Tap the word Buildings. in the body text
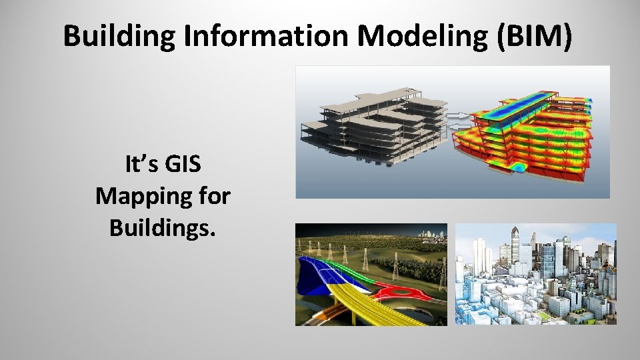click(x=163, y=228)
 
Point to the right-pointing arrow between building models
click(x=457, y=115)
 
